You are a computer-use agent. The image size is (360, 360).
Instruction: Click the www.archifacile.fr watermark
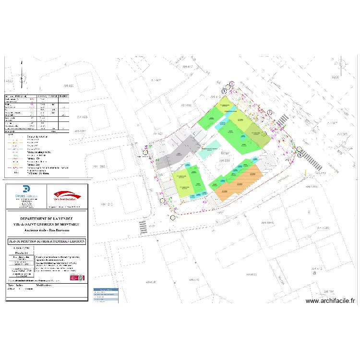click(331, 301)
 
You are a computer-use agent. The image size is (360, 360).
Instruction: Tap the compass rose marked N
click(341, 64)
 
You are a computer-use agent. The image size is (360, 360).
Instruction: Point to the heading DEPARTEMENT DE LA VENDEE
click(47, 218)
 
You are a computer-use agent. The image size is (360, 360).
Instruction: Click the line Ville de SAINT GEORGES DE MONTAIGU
click(47, 224)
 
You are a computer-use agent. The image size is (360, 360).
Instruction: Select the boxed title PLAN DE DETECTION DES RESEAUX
click(47, 241)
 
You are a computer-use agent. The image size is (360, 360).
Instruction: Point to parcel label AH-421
click(158, 133)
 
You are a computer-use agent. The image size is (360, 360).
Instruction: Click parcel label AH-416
click(186, 105)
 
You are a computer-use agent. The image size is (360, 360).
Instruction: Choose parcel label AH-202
click(112, 166)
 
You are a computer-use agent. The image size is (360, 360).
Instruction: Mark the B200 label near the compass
click(335, 77)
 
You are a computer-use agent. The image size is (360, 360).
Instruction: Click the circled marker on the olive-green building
click(264, 133)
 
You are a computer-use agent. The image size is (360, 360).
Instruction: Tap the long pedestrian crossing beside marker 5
click(311, 161)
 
